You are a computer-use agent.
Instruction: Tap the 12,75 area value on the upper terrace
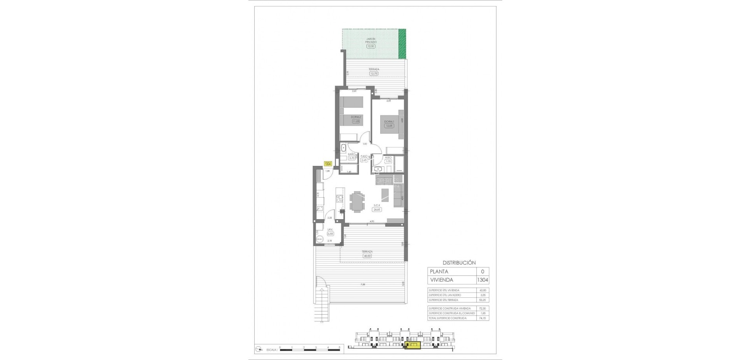pos(374,73)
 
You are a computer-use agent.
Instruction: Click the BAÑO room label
pos(78,155)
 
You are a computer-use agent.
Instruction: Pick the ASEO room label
pos(388,157)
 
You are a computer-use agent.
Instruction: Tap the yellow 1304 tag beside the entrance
pos(328,164)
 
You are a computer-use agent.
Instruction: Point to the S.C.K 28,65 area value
pos(377,209)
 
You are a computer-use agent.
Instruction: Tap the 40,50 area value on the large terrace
pos(367,256)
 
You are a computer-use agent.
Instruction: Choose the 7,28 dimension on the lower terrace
pos(364,284)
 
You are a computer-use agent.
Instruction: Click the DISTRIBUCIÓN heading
pos(459,263)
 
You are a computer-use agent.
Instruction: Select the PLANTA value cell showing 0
pos(482,272)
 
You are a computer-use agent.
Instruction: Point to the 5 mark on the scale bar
pos(340,347)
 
